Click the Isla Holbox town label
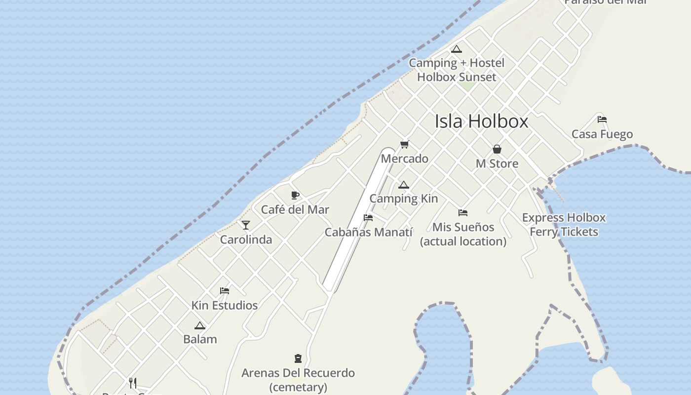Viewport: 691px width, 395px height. tap(481, 121)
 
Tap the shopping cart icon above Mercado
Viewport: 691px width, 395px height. tap(405, 145)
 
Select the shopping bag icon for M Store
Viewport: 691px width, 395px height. tap(497, 149)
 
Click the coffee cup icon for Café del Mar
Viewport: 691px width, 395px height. tap(295, 196)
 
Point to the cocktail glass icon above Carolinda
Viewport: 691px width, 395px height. tap(246, 225)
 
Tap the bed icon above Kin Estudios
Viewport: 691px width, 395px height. tap(225, 291)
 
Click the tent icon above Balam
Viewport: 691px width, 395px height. tap(200, 326)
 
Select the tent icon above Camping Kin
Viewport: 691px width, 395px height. tap(404, 185)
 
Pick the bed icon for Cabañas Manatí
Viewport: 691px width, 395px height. tap(368, 218)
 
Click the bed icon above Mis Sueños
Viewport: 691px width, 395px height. tap(463, 213)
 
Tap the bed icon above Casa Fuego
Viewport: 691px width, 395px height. tap(602, 119)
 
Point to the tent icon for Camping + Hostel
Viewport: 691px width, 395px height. tap(457, 49)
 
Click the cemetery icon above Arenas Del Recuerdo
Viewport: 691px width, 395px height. tap(298, 358)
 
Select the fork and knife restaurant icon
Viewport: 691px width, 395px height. tap(133, 383)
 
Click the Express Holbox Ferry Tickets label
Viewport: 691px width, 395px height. tap(564, 225)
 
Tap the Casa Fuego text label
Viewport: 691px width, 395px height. tap(602, 134)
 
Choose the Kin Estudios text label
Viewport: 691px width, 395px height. tap(225, 306)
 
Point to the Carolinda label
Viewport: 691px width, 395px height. tap(246, 240)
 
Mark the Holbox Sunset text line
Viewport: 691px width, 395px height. tap(457, 77)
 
